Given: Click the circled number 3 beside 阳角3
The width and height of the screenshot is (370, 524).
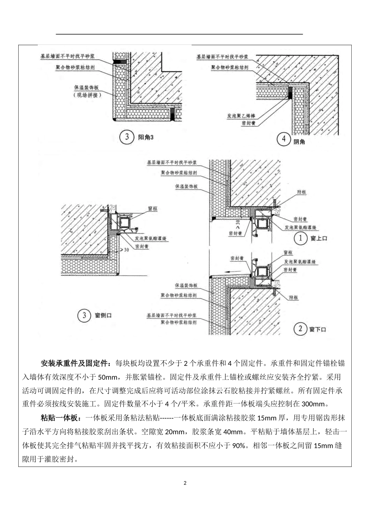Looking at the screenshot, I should pos(127,137).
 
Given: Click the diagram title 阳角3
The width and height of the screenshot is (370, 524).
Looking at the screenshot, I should pos(146,138).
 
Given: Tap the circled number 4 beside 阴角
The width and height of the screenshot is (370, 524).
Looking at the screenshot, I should pos(283,140).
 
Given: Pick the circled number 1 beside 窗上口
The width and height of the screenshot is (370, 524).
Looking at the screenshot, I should pos(300,238).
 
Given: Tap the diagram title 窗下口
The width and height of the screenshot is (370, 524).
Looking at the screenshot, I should pos(317,329).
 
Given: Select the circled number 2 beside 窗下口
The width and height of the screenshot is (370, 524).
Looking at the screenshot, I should pos(300,329).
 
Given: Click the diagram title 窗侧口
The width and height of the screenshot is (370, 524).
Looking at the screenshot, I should pos(103,315).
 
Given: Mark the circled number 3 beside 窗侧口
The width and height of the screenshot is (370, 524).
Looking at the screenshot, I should pos(84,315).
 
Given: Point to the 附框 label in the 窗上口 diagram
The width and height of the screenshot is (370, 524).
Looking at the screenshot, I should pos(301,192).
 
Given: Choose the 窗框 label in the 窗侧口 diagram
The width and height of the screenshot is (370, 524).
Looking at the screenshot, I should pos(153,209).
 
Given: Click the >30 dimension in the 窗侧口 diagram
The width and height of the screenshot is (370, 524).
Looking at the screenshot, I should pos(124,250).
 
